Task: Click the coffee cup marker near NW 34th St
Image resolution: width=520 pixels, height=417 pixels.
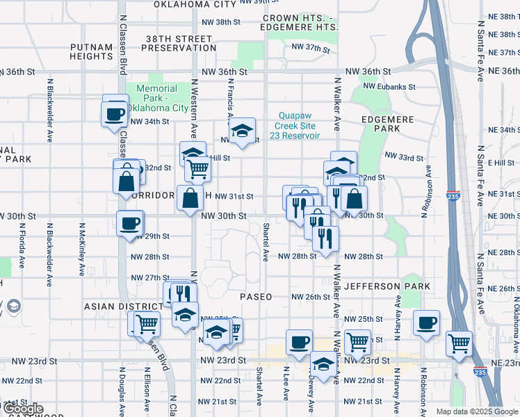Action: point(115,115)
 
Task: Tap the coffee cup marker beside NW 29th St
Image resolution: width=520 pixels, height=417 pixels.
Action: point(131,224)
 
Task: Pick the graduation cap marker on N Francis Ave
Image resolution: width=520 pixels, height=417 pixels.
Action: point(242,131)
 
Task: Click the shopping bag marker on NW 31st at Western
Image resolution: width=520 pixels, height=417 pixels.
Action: point(190,198)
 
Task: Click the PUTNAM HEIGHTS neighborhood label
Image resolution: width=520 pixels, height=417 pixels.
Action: point(92,52)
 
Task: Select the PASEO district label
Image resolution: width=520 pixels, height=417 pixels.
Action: point(256,297)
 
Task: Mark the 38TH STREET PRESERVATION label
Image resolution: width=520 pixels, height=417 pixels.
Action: point(179,43)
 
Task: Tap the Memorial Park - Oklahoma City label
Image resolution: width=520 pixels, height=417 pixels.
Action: point(162,98)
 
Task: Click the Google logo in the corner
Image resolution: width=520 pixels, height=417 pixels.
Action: point(23,409)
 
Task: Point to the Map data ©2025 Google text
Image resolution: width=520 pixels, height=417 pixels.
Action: point(476,411)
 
